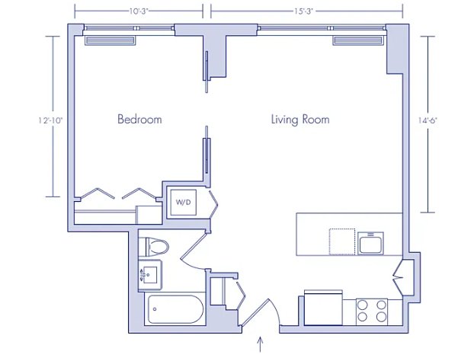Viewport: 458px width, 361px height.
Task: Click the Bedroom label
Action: tap(139, 119)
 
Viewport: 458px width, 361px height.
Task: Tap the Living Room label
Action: tap(300, 120)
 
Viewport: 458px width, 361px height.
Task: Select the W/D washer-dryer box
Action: tap(184, 203)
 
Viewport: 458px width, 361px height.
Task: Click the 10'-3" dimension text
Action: tap(139, 11)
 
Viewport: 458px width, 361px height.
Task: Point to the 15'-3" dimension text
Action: tap(303, 11)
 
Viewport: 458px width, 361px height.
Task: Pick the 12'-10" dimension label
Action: tap(50, 120)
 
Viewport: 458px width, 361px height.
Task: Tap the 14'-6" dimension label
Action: tap(428, 120)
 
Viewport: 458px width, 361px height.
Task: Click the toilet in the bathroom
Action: tap(154, 247)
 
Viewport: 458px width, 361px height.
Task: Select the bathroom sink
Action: tap(150, 275)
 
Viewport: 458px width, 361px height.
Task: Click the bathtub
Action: tap(175, 309)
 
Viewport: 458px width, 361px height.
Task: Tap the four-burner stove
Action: tap(372, 311)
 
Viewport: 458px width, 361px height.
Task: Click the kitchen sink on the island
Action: tap(370, 244)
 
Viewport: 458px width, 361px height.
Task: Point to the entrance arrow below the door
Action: tap(260, 344)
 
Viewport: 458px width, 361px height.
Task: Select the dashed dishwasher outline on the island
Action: tap(342, 241)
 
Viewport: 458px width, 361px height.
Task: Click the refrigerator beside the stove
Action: tap(323, 308)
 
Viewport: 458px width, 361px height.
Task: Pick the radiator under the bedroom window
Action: tap(110, 40)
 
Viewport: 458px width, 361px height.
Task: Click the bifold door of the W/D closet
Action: tap(214, 204)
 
